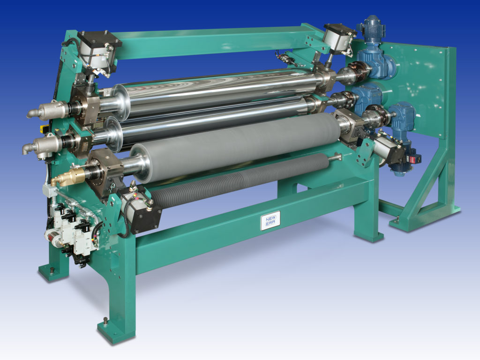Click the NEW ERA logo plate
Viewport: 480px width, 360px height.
[x=270, y=219]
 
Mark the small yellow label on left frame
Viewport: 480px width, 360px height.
[x=45, y=128]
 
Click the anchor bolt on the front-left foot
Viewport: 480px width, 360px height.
[x=105, y=321]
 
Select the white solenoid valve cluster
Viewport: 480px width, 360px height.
[x=70, y=230]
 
